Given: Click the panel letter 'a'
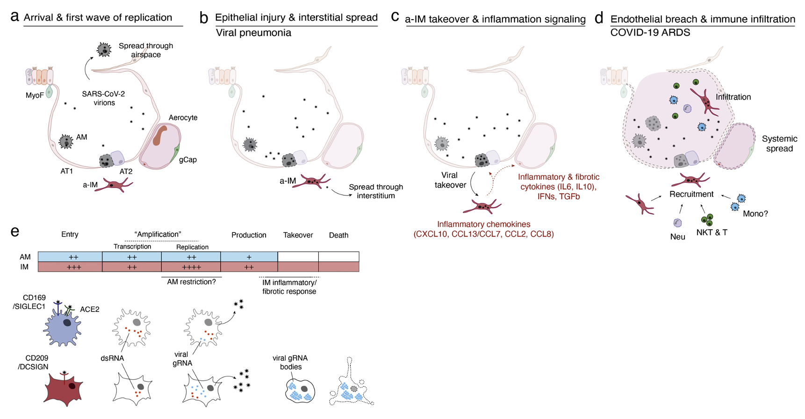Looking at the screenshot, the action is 15,17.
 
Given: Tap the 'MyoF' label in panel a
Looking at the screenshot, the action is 35,95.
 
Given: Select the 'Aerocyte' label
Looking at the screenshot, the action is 183,117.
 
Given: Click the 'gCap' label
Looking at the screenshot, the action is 187,159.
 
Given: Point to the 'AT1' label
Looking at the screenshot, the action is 67,171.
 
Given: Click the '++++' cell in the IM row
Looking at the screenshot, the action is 191,267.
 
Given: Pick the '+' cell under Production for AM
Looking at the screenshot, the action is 249,257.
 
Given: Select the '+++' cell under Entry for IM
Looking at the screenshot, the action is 74,267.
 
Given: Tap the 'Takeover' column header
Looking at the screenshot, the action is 298,235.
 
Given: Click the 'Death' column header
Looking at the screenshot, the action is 338,235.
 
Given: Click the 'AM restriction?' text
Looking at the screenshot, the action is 191,282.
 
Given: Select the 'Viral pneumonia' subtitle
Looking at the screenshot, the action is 253,33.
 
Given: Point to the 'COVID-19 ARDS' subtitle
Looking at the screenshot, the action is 650,32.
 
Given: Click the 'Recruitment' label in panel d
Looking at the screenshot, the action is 691,194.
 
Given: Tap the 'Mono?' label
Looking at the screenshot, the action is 755,214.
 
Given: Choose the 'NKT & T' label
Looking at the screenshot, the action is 712,232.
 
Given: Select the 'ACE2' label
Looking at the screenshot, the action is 89,309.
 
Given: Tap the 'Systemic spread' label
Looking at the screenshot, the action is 779,144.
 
